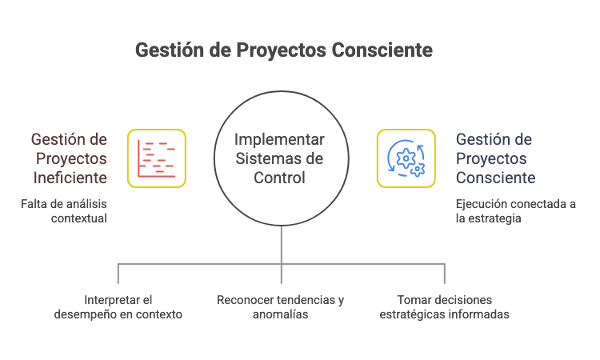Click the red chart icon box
click(156, 158)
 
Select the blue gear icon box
click(406, 158)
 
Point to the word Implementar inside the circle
click(280, 139)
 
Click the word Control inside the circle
click(280, 178)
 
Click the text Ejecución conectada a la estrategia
click(515, 210)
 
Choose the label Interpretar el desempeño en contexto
click(118, 307)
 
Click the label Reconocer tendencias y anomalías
click(280, 307)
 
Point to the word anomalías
click(280, 314)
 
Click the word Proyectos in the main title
click(278, 50)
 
